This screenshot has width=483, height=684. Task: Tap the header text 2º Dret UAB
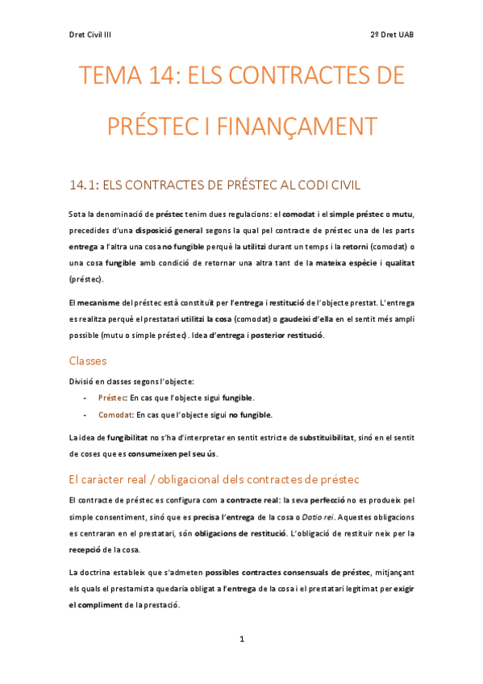click(392, 35)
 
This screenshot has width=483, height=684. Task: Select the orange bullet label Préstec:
click(111, 398)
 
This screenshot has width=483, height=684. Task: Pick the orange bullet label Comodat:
click(115, 415)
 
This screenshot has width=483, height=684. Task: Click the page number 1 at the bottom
click(241, 639)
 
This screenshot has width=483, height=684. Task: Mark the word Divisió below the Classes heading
click(82, 381)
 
